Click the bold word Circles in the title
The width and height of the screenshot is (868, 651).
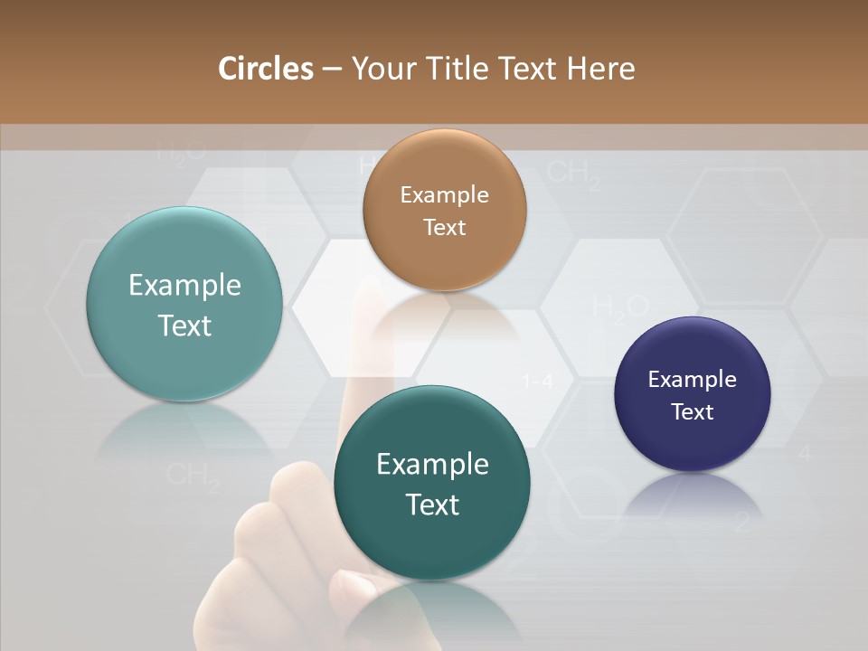265,69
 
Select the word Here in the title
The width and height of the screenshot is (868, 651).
600,69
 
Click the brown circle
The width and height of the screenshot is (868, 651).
444,210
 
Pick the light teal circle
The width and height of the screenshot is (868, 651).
184,304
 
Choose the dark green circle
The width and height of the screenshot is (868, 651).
432,483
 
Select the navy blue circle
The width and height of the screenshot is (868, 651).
692,394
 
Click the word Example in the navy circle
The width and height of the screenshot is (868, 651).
692,379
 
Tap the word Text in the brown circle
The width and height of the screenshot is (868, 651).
444,227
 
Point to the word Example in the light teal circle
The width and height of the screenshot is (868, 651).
184,286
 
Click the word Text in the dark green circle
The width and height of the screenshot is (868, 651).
432,504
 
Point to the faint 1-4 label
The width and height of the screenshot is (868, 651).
537,382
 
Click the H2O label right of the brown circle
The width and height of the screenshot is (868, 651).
620,307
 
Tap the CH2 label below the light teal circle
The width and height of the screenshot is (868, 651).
193,476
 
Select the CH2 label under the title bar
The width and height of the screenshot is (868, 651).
574,174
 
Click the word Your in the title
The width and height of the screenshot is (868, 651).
381,69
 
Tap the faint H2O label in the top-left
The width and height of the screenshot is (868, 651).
179,151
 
